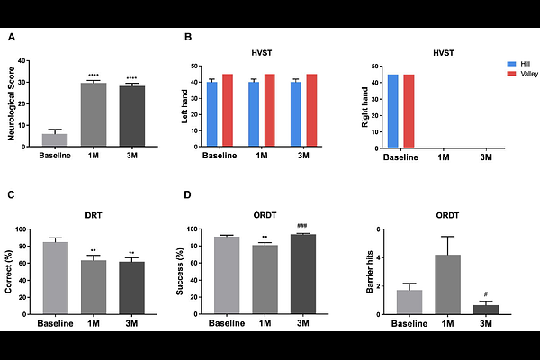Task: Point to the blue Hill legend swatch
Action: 512,65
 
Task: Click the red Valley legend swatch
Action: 512,74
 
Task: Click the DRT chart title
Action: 94,217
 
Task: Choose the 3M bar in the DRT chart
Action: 131,288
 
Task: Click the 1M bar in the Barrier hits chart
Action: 448,284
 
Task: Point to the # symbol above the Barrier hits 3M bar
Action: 485,294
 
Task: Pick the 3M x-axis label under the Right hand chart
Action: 486,157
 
